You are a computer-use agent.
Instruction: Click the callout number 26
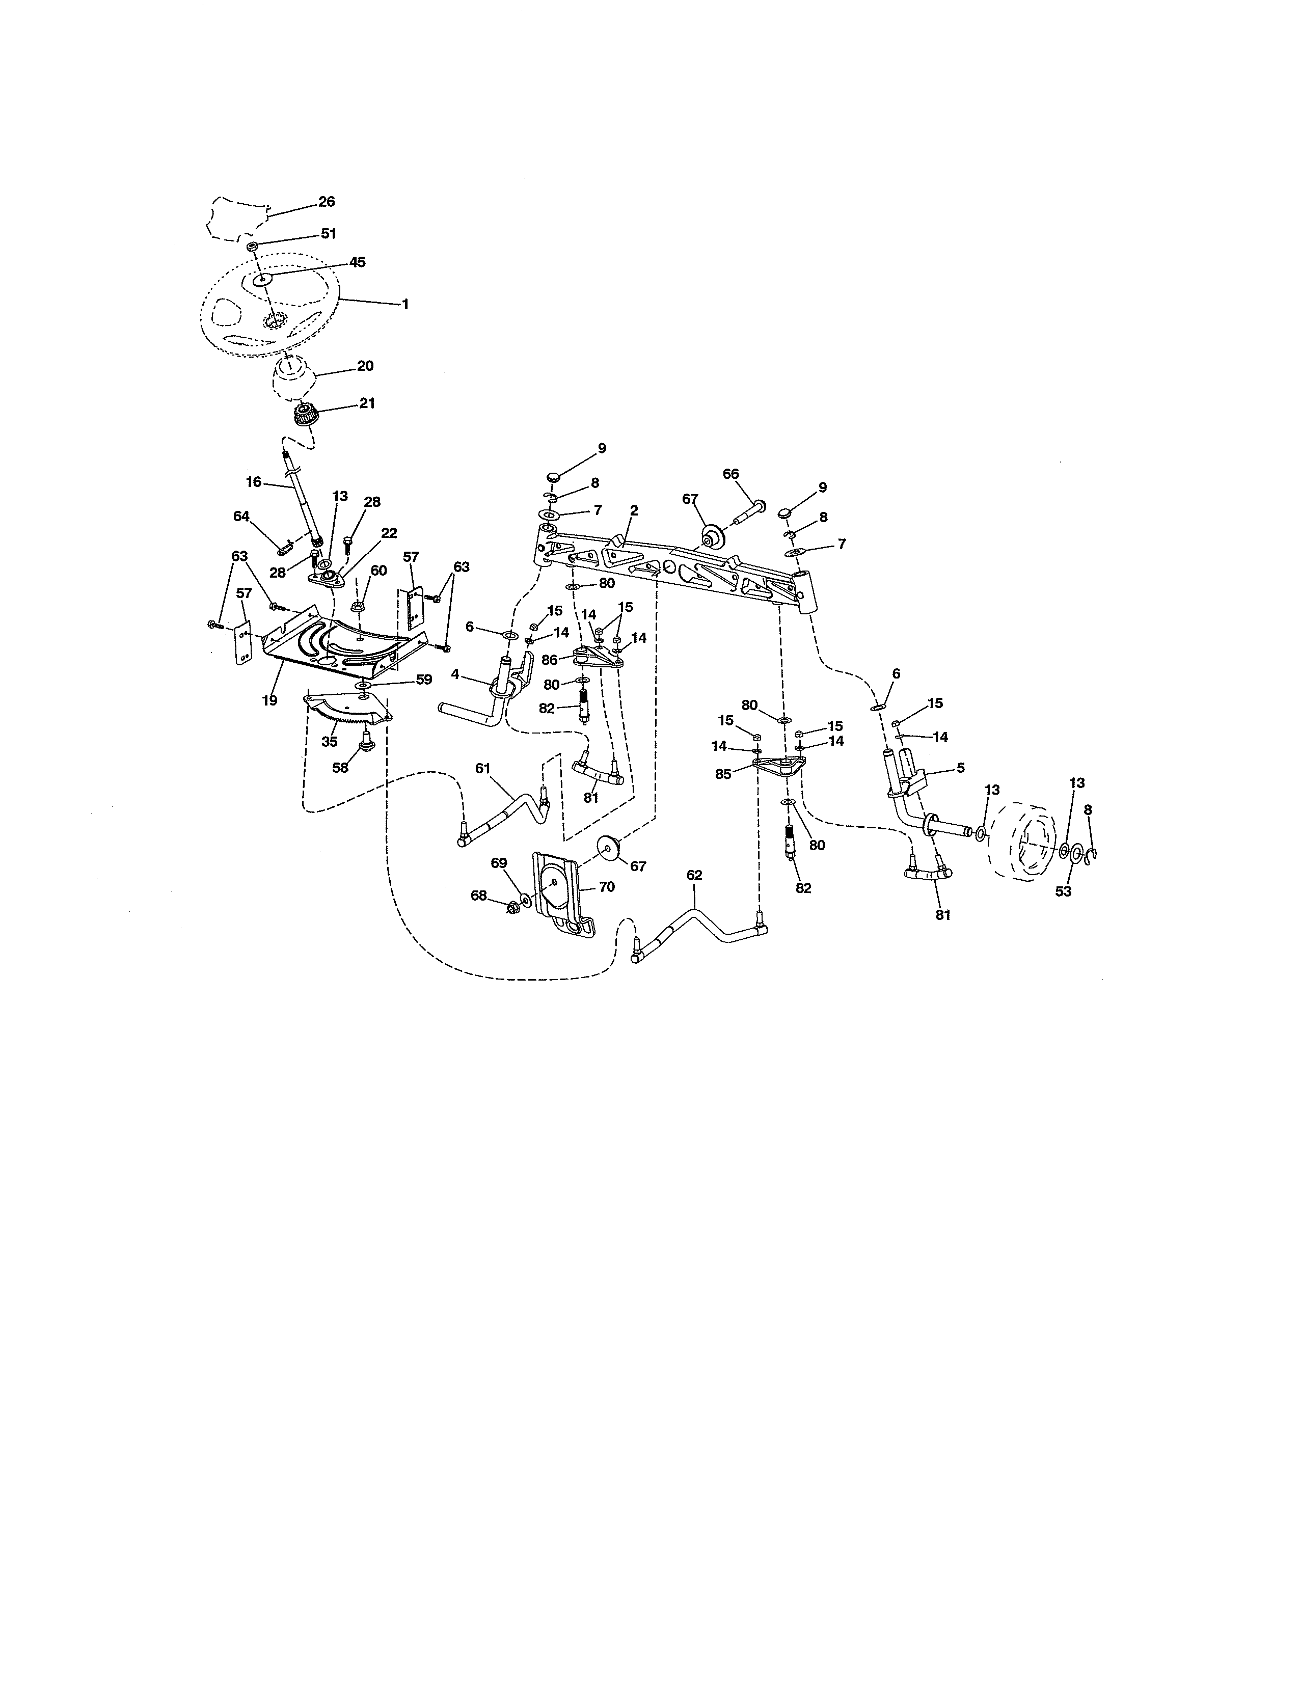click(x=327, y=202)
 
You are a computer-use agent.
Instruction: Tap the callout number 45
click(x=357, y=262)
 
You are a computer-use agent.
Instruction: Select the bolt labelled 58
click(x=366, y=742)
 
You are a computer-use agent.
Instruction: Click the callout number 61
click(x=482, y=767)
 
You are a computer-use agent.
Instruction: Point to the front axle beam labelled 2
click(x=677, y=574)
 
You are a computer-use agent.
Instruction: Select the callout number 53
click(x=1063, y=891)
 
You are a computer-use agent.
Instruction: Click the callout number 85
click(x=723, y=774)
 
